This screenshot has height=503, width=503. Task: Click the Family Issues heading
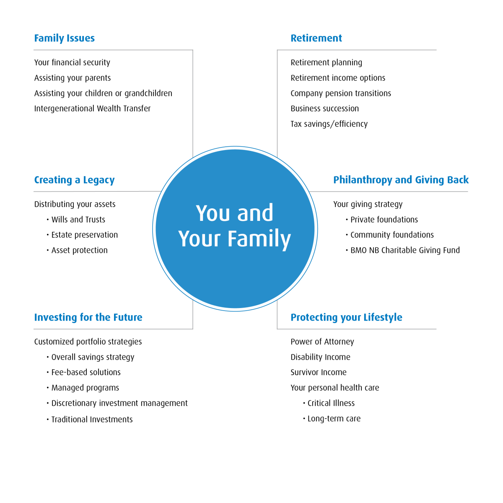(x=64, y=38)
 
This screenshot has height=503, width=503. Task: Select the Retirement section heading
(x=316, y=38)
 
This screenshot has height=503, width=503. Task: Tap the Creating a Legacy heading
(x=74, y=180)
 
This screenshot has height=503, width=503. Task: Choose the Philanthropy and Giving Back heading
(x=401, y=180)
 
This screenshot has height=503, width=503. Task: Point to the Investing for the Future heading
(x=88, y=317)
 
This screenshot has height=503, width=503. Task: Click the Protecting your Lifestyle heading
(x=346, y=318)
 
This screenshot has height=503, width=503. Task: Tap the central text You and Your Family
(x=235, y=226)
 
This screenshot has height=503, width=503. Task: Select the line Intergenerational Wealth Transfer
(x=92, y=109)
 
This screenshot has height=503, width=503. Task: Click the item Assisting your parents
(x=73, y=78)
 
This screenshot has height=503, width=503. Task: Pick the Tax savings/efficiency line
(x=329, y=124)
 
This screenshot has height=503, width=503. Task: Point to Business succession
(x=325, y=109)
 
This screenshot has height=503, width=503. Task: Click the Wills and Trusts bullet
(x=76, y=220)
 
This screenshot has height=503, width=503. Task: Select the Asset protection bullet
(x=77, y=251)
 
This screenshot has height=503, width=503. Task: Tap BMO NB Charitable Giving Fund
(x=403, y=250)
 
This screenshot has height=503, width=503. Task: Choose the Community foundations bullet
(x=390, y=235)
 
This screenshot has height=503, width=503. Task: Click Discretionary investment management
(x=117, y=403)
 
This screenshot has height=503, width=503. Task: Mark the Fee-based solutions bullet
(x=83, y=373)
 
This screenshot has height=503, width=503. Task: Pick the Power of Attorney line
(x=322, y=342)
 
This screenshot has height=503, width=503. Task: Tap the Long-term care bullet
(x=332, y=419)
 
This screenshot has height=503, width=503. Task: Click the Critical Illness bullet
(x=329, y=403)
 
